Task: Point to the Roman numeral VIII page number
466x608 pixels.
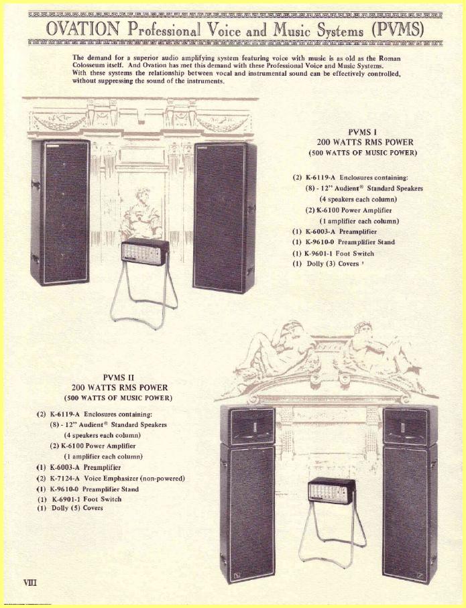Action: pos(30,582)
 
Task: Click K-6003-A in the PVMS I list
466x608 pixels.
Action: pos(321,231)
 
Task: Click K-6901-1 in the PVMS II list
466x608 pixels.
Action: pos(66,499)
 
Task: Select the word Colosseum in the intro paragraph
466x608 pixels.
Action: pos(88,66)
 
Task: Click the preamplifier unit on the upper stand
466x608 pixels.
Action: pos(145,252)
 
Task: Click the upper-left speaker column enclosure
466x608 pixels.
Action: pos(60,212)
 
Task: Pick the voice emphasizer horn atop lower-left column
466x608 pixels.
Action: pos(247,425)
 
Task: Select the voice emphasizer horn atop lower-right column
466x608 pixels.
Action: pos(410,425)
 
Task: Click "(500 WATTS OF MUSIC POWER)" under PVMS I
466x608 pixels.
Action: pos(363,153)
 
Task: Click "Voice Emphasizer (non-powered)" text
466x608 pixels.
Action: pos(134,479)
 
